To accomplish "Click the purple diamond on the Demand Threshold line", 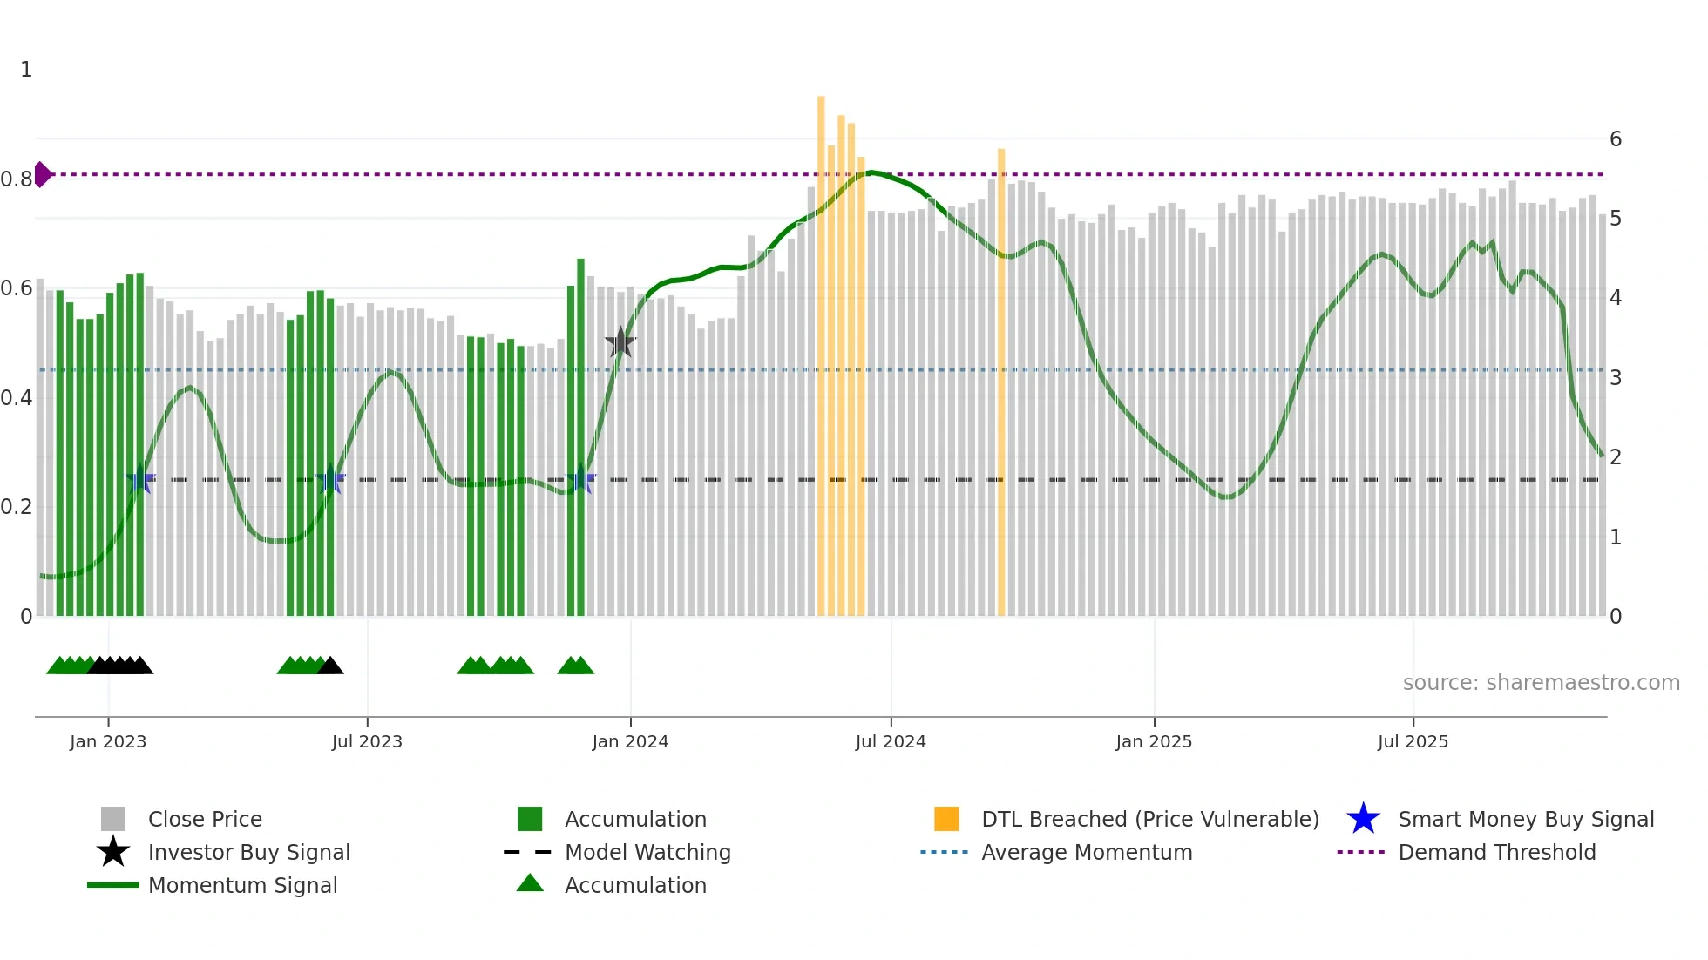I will pos(42,174).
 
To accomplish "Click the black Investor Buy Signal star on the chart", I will pos(620,343).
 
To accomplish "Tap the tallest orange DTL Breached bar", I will pos(821,348).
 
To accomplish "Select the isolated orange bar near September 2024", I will pos(1001,383).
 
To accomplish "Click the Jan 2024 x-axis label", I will pos(630,741).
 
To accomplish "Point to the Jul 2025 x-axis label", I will pos(1413,741).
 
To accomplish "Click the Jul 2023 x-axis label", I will pos(367,741).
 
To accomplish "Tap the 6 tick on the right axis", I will pos(1616,139).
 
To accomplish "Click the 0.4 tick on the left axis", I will pos(17,398).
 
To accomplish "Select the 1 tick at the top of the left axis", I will pos(26,70).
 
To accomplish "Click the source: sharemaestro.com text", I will pos(1541,682).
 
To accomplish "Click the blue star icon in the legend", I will pos(1363,819).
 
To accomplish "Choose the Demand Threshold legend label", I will pos(1496,852).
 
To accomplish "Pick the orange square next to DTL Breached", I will pos(946,819).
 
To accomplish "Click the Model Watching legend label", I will pos(647,852).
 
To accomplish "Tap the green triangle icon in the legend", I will pos(530,884).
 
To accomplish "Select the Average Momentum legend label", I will pos(1087,852).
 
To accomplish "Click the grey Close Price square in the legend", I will pos(113,819).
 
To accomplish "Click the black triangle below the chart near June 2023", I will pos(330,666).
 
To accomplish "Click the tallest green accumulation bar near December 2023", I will pos(580,436).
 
